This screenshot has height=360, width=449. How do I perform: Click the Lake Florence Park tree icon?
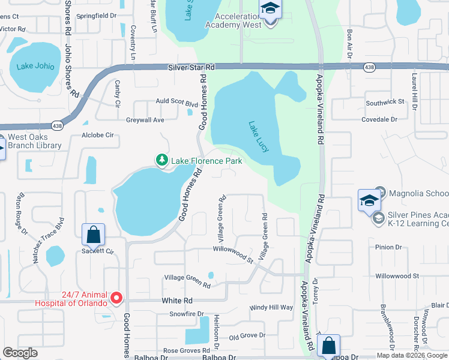coord(161,160)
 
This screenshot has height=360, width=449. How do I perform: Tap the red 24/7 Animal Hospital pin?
coord(117,297)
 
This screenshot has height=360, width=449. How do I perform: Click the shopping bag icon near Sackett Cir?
coord(94,235)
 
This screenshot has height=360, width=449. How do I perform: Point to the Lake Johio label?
coord(35,67)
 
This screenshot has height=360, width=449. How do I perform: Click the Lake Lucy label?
coord(258,137)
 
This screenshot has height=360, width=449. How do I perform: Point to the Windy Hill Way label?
coord(271,307)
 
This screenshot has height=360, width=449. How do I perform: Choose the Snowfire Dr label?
coord(187,313)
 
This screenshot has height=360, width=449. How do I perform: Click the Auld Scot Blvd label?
coord(176,103)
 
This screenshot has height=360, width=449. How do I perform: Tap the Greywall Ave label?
coord(145,120)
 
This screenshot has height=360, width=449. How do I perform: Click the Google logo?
coord(20,353)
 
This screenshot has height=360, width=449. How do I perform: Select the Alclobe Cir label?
coord(98,136)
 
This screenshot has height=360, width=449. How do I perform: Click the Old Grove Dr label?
coord(247,335)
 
